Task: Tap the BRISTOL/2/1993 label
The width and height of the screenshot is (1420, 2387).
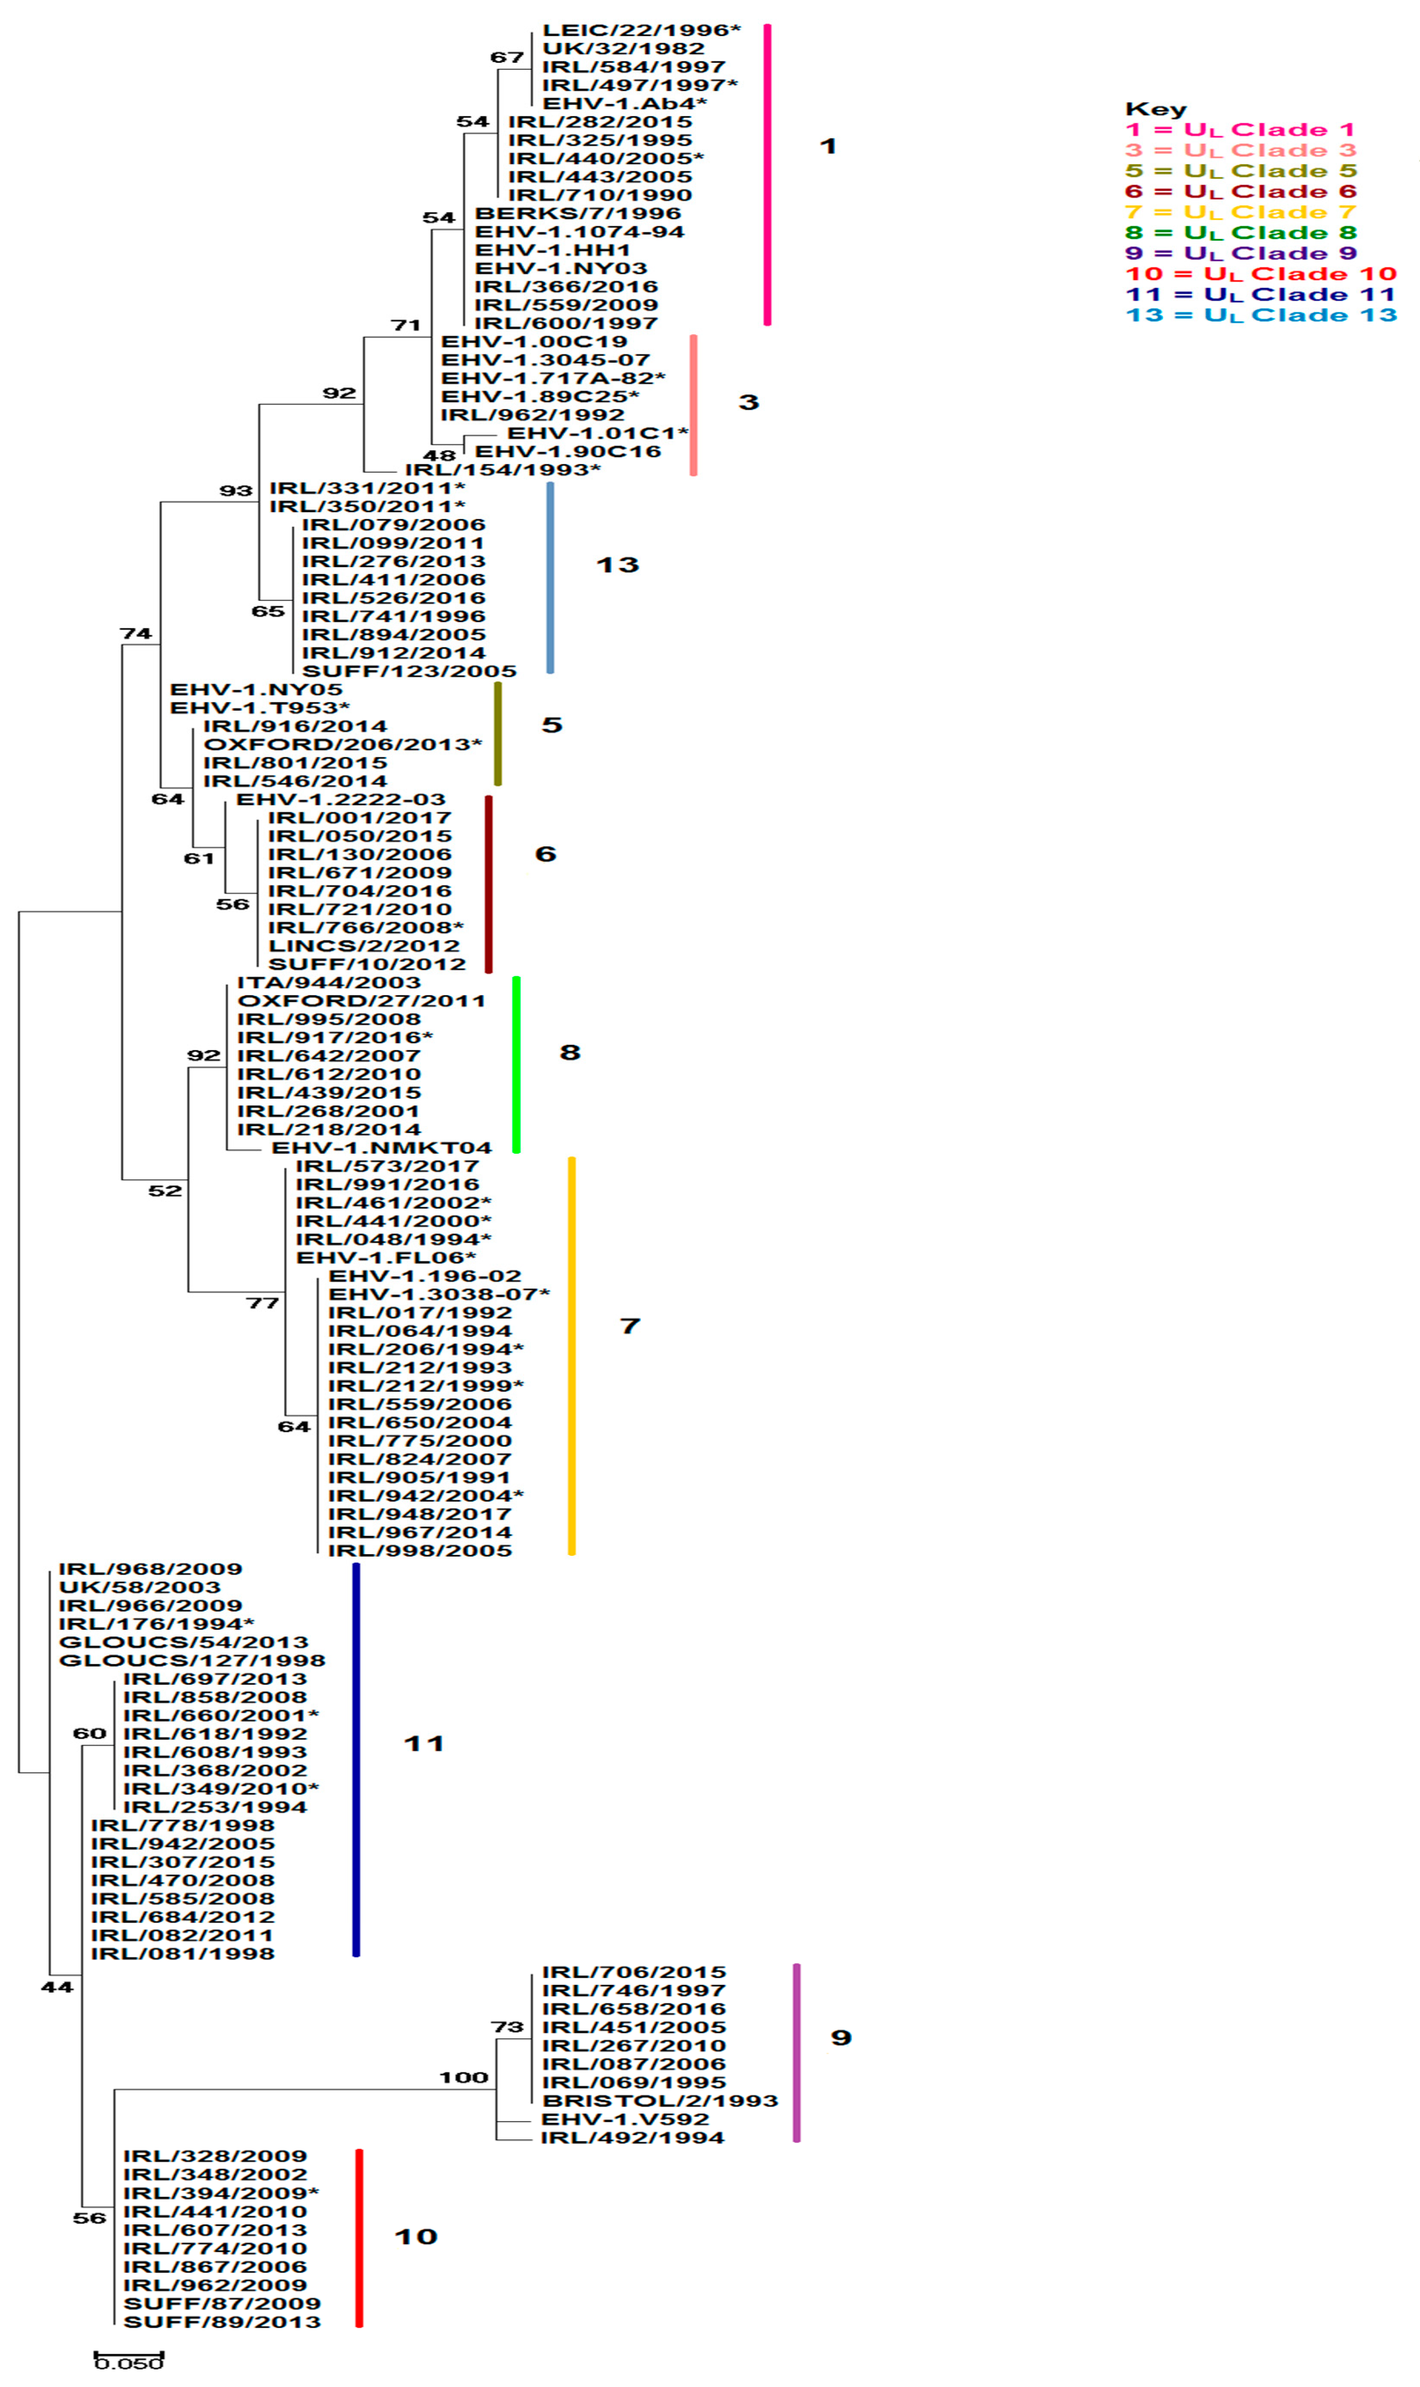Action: click(x=659, y=2101)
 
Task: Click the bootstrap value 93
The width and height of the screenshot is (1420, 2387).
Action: click(x=236, y=491)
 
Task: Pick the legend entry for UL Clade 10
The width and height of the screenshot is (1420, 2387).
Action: click(x=1260, y=274)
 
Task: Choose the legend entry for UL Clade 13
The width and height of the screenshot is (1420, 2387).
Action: click(x=1260, y=315)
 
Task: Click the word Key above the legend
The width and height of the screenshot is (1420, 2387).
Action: click(x=1155, y=109)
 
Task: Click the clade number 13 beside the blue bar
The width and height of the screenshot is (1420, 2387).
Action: click(x=617, y=565)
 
